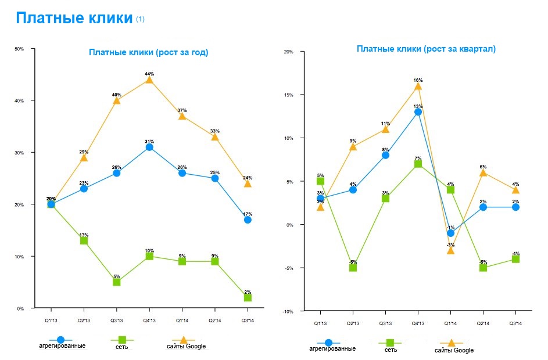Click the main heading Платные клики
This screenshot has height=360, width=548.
(x=74, y=19)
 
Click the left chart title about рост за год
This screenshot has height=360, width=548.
(x=148, y=52)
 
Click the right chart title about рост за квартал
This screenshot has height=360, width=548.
(x=426, y=49)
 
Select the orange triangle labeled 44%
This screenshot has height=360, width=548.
(x=149, y=80)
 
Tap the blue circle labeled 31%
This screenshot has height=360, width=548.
(x=149, y=147)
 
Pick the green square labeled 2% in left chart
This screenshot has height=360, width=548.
(x=248, y=297)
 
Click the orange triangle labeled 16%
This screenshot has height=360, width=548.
(x=418, y=86)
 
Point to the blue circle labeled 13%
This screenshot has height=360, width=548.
(x=418, y=112)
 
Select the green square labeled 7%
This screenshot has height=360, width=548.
(x=418, y=164)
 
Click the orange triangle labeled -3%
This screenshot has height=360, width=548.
(x=450, y=250)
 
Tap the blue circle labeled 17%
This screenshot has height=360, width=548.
(x=248, y=219)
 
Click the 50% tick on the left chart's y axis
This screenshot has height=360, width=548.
(x=20, y=49)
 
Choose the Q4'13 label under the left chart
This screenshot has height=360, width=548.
(x=149, y=320)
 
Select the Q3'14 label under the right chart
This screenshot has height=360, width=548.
(x=516, y=323)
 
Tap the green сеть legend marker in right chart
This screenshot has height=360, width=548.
(x=389, y=343)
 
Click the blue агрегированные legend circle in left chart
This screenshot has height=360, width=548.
(x=60, y=339)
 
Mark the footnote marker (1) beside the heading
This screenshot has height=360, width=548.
(x=140, y=19)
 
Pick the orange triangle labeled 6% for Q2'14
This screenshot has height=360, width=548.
(x=483, y=172)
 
